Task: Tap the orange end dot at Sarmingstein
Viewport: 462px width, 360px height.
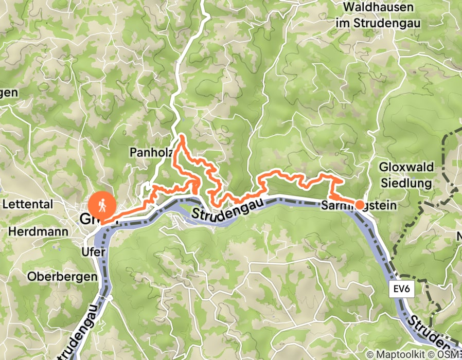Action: coord(360,204)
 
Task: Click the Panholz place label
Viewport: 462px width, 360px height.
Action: coord(149,153)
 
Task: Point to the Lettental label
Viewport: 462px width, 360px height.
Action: coord(28,204)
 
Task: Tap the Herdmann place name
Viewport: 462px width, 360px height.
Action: coord(38,232)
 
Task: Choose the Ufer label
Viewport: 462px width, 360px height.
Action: coord(94,252)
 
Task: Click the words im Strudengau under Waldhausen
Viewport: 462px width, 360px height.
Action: coord(378,23)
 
